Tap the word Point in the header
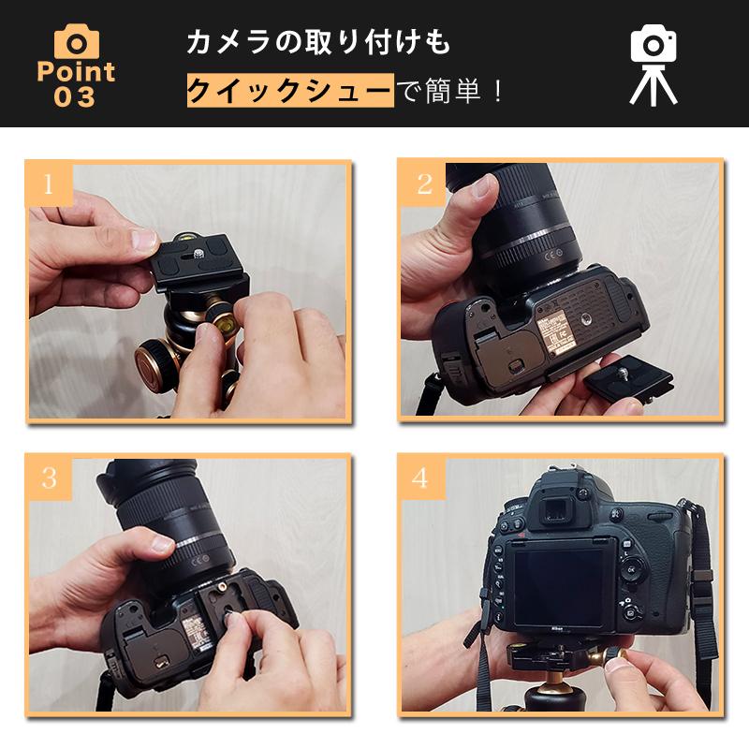coord(76,72)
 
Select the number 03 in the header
coord(75,97)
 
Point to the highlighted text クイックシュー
coord(289,92)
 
